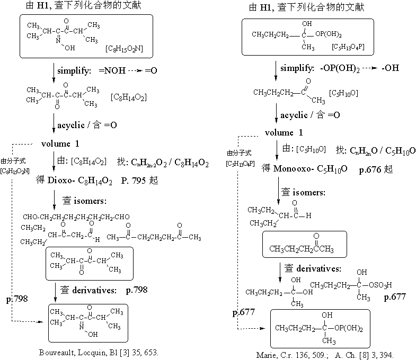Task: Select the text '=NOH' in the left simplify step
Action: click(105, 69)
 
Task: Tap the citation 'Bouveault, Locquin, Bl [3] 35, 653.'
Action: click(100, 352)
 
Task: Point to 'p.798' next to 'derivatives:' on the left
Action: click(137, 290)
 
